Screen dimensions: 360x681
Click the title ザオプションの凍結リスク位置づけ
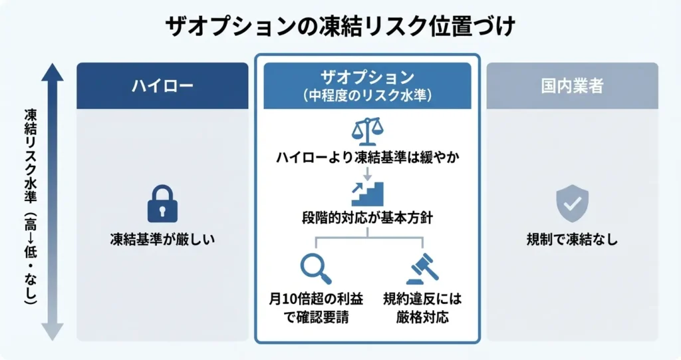pyautogui.click(x=340, y=28)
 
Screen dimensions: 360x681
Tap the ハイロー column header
pyautogui.click(x=162, y=86)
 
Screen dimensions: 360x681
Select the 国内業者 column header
pyautogui.click(x=572, y=86)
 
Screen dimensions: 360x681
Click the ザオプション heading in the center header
pyautogui.click(x=367, y=77)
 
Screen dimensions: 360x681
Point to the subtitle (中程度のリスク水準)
pyautogui.click(x=367, y=95)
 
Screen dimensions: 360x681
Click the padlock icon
pyautogui.click(x=162, y=204)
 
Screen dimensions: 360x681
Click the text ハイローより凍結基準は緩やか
pyautogui.click(x=367, y=158)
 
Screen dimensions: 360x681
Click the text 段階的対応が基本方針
pyautogui.click(x=367, y=218)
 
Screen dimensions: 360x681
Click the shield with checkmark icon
pyautogui.click(x=572, y=204)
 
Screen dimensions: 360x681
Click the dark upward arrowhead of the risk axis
pyautogui.click(x=53, y=71)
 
